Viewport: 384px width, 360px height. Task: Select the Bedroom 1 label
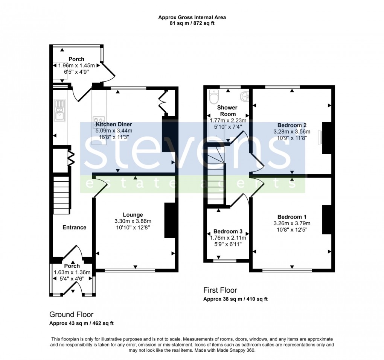pyautogui.click(x=292, y=217)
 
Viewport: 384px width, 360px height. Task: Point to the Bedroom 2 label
pyautogui.click(x=292, y=125)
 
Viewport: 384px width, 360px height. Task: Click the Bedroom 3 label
pyautogui.click(x=228, y=231)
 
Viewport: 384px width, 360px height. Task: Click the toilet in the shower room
pyautogui.click(x=213, y=98)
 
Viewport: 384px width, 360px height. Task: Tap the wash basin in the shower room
pyautogui.click(x=245, y=96)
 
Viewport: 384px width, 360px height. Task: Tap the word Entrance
pyautogui.click(x=74, y=227)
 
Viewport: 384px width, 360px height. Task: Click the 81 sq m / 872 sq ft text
pyautogui.click(x=192, y=23)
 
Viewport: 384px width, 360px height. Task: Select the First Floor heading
pyautogui.click(x=220, y=290)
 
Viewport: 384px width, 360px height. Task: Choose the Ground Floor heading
pyautogui.click(x=71, y=314)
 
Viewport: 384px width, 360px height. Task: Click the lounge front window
pyautogui.click(x=130, y=270)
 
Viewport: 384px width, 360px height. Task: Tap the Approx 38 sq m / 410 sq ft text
pyautogui.click(x=235, y=299)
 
